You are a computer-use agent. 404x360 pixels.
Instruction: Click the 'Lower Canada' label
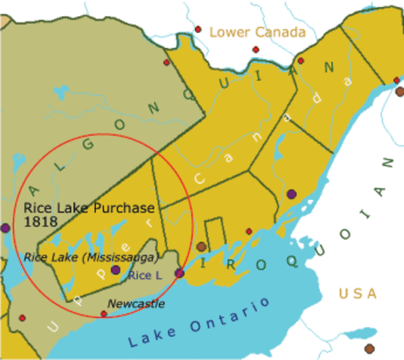(257, 31)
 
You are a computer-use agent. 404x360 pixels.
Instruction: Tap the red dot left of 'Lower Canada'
(198, 30)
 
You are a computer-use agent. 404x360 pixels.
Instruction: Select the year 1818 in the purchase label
(37, 222)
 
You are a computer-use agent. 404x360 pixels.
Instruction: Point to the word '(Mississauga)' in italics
(121, 257)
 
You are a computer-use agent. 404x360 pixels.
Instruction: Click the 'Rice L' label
(144, 275)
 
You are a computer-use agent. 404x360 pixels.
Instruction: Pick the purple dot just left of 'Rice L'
(115, 270)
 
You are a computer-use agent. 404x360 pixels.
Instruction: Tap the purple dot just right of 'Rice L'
(179, 273)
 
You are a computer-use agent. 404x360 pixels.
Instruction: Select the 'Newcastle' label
(136, 304)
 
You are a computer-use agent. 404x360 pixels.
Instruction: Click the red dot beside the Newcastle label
(103, 313)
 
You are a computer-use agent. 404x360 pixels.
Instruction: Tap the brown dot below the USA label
(369, 349)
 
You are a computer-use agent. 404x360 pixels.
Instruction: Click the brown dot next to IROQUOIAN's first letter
(201, 247)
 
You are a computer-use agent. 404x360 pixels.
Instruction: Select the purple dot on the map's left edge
(4, 227)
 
